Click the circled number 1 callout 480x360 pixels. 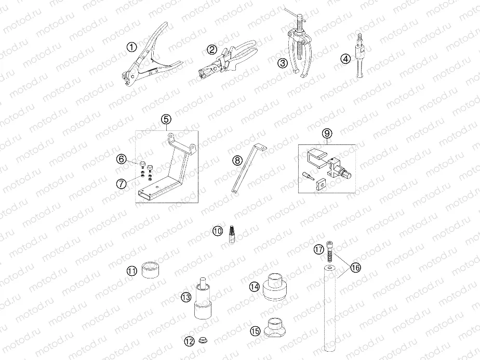click(x=131, y=48)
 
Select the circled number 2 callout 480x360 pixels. click(x=211, y=50)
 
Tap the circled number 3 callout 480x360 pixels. click(x=282, y=63)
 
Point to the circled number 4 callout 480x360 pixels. click(x=345, y=59)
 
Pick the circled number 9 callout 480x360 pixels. click(x=327, y=134)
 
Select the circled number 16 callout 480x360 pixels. click(x=355, y=268)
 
